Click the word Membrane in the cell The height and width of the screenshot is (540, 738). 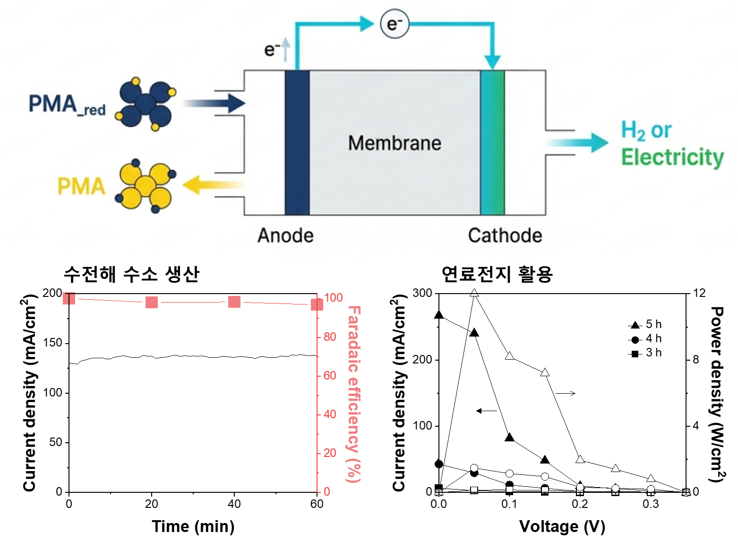(x=395, y=143)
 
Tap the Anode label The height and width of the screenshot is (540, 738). (x=285, y=236)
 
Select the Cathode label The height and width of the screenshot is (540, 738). (x=505, y=236)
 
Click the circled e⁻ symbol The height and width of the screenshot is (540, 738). (x=395, y=24)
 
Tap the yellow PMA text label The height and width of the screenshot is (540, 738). (x=81, y=186)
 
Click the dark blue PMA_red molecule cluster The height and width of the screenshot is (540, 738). (x=146, y=103)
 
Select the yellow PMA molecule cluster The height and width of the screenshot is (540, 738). (x=146, y=186)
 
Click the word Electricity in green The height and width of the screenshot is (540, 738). (x=672, y=158)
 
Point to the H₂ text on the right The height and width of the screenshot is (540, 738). (x=633, y=131)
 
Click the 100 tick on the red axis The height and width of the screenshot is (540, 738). (x=334, y=297)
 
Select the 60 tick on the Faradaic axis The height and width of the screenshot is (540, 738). (x=330, y=375)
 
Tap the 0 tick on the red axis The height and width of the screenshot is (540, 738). (x=327, y=491)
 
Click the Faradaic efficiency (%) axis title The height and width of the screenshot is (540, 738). (x=354, y=394)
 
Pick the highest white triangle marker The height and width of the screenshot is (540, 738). (x=474, y=293)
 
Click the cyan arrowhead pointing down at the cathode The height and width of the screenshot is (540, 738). (x=492, y=62)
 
